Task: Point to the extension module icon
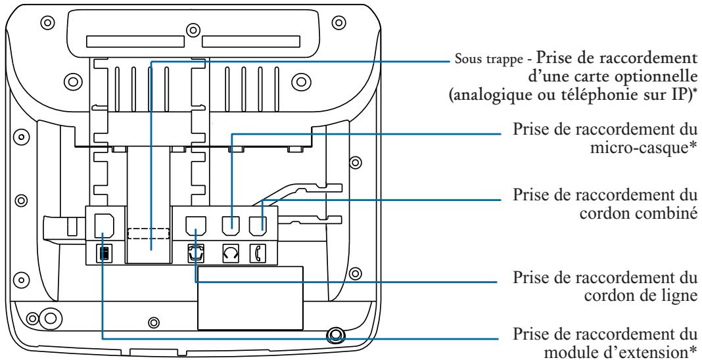coord(103,253)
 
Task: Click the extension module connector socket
coord(103,225)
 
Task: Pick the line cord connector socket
coord(195,226)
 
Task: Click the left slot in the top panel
coord(135,42)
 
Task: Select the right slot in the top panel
coord(250,42)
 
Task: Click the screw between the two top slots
coord(193,30)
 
